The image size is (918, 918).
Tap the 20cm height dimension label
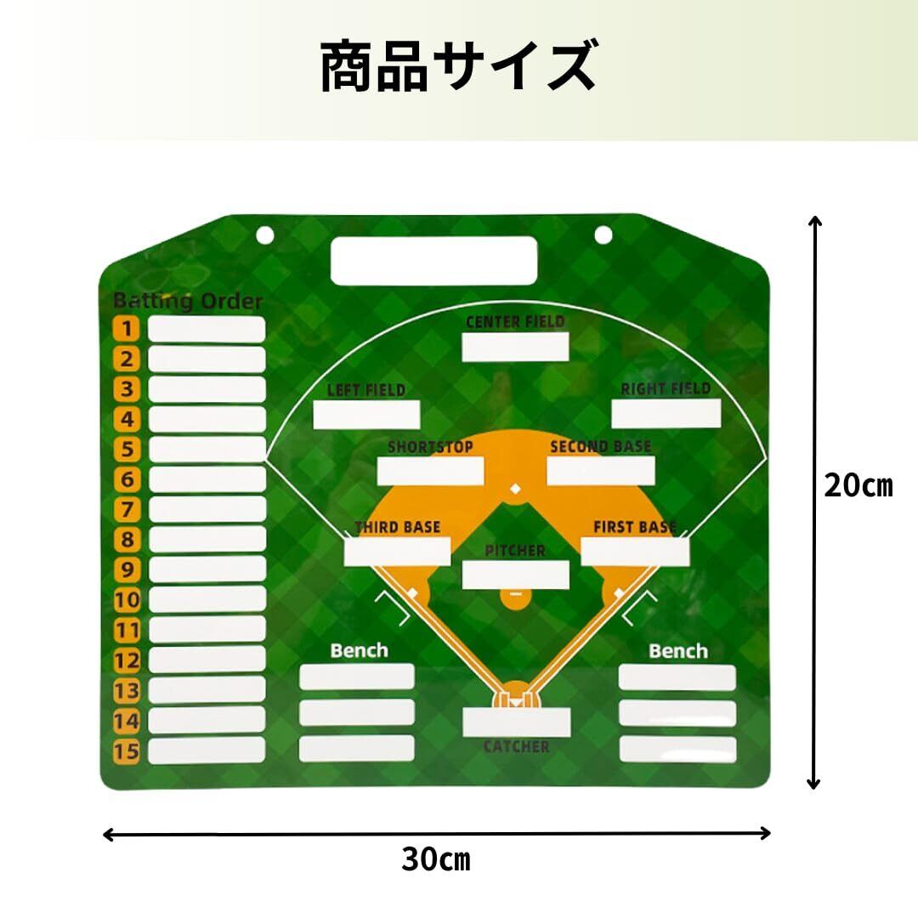coord(858,486)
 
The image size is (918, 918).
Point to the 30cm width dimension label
coord(435,859)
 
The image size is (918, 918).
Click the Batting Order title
coord(188,301)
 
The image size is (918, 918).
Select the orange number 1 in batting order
coord(127,329)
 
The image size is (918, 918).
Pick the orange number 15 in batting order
coord(127,751)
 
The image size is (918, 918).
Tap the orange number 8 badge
coord(127,540)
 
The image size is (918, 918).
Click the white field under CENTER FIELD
coord(515,346)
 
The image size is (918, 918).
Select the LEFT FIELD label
coord(366,390)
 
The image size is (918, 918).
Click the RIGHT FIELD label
coord(666,388)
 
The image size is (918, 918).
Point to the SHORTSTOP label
coord(430,447)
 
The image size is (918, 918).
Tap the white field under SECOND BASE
coord(600,470)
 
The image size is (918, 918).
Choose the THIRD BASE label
coord(398,527)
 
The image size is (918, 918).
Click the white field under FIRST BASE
coord(634,551)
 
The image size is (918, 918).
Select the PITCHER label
coord(515,551)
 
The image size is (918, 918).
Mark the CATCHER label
coord(516,746)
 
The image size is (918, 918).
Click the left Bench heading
coord(359,651)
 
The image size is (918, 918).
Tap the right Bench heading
coord(677,651)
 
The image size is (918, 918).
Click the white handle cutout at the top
coord(433,260)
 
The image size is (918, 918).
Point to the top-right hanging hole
coord(603,234)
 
